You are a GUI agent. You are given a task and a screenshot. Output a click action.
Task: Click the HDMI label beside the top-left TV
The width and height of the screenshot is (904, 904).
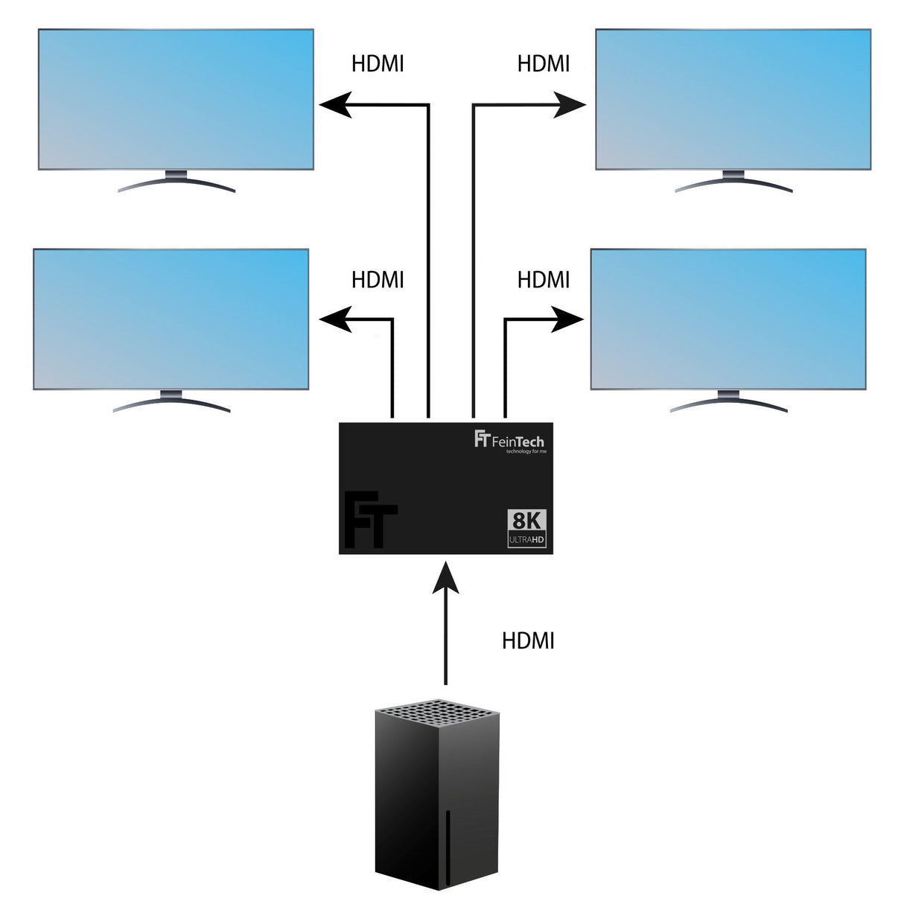(378, 64)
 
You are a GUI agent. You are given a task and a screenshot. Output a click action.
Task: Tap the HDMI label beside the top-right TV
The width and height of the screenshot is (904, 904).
(544, 64)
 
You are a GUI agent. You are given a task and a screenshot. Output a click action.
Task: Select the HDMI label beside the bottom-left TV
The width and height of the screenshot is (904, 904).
(378, 280)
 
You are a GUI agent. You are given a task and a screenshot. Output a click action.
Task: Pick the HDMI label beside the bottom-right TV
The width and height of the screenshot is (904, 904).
(544, 280)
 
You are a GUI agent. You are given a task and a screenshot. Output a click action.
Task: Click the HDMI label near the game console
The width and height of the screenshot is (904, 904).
(529, 640)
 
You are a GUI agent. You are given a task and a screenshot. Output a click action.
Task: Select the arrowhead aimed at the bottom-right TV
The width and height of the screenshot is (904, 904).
(567, 319)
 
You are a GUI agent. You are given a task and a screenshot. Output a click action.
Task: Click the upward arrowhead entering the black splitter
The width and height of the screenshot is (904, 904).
(445, 577)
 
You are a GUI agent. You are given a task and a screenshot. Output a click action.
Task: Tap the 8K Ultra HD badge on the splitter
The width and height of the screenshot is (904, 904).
(527, 529)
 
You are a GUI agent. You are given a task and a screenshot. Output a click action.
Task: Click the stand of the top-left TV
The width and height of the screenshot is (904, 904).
(176, 182)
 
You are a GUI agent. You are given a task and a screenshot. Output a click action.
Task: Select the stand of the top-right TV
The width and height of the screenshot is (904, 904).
(733, 182)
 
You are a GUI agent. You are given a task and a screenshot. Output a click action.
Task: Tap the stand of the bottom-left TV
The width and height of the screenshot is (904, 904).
(171, 401)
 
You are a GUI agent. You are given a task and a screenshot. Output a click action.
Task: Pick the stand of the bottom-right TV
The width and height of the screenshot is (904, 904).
(728, 401)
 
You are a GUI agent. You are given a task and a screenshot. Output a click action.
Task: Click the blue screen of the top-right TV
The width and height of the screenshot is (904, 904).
(733, 98)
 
